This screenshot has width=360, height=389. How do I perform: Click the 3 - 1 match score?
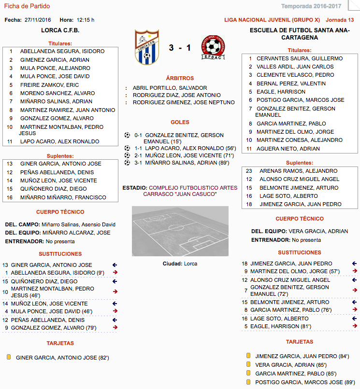(180, 48)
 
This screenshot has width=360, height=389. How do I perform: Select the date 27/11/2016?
(38, 20)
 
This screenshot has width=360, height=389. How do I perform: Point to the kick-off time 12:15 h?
(86, 20)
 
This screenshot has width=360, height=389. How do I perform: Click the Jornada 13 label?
(340, 20)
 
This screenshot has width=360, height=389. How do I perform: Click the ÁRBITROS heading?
(180, 78)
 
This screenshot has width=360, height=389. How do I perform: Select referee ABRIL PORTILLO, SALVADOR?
(163, 88)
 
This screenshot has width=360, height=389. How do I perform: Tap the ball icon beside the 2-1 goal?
(127, 155)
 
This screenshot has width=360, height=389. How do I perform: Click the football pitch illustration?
(180, 231)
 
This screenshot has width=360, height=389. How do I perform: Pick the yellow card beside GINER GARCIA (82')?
(9, 357)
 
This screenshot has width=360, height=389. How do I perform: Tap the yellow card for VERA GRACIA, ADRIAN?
(248, 364)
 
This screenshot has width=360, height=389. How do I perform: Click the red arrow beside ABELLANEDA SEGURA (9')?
(115, 272)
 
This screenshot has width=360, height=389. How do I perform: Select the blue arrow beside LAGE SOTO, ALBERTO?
(354, 319)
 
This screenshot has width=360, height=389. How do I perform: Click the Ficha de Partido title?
(27, 6)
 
